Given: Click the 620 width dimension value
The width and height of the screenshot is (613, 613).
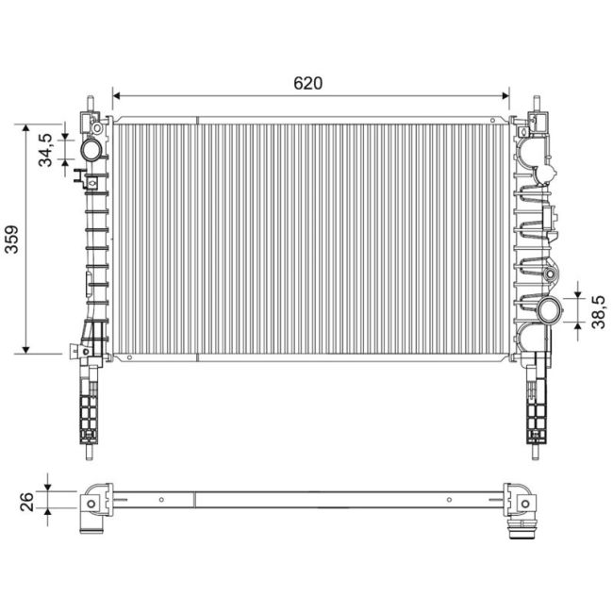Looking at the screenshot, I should pyautogui.click(x=307, y=82).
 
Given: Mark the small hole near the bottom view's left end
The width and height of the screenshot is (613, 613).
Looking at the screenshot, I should pyautogui.click(x=160, y=499).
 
